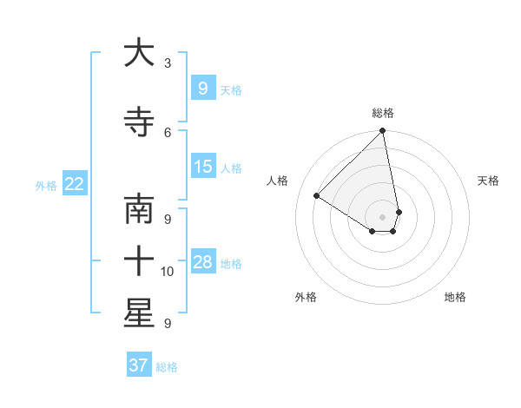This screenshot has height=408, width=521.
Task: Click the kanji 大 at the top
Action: [x=139, y=54]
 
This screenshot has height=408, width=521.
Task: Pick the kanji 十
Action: [x=139, y=260]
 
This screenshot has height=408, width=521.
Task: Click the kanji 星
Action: [x=139, y=313]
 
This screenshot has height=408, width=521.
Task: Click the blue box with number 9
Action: [x=202, y=88]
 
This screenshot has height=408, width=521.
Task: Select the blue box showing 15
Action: [x=202, y=167]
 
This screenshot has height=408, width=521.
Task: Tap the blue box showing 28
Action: [x=202, y=262]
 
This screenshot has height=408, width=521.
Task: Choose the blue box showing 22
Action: [x=75, y=183]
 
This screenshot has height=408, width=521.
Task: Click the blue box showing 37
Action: [x=138, y=365]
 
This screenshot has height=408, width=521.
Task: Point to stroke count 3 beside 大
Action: [x=168, y=63]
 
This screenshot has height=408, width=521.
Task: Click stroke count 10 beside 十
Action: [x=168, y=272]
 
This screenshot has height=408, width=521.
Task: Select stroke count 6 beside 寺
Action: [x=168, y=132]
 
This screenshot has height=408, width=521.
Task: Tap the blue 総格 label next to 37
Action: [x=167, y=367]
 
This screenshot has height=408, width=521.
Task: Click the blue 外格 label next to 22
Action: [x=46, y=185]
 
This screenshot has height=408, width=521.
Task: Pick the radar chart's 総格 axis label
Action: [x=383, y=113]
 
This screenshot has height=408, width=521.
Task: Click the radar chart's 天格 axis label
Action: [x=488, y=181]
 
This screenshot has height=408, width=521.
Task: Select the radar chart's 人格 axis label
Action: [x=278, y=181]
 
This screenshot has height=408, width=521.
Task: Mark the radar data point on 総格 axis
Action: [x=383, y=132]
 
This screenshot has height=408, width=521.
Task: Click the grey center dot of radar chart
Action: [x=383, y=216]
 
